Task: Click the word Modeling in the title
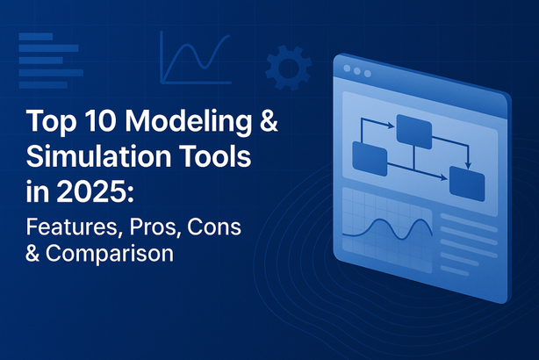pyautogui.click(x=188, y=122)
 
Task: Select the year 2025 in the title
pyautogui.click(x=91, y=192)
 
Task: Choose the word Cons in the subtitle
pyautogui.click(x=214, y=227)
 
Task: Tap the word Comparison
pyautogui.click(x=110, y=254)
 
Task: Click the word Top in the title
pyautogui.click(x=51, y=122)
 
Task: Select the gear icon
pyautogui.click(x=289, y=68)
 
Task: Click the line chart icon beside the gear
pyautogui.click(x=196, y=58)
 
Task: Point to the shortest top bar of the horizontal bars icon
pyautogui.click(x=36, y=37)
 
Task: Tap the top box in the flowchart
pyautogui.click(x=414, y=132)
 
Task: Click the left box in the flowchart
pyautogui.click(x=370, y=159)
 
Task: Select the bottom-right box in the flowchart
pyautogui.click(x=467, y=184)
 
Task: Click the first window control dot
pyautogui.click(x=347, y=68)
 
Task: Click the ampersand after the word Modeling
pyautogui.click(x=269, y=120)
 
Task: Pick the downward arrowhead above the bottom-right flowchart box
pyautogui.click(x=468, y=166)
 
